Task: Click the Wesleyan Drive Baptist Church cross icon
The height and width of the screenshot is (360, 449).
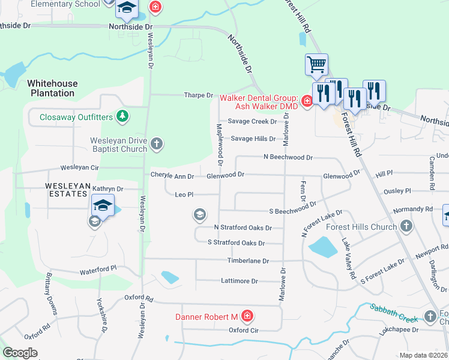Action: (x=157, y=143)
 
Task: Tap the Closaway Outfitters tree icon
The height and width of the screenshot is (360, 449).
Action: (x=122, y=115)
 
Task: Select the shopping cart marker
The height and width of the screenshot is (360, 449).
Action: (x=316, y=64)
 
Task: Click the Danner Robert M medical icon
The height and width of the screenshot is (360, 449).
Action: (x=247, y=316)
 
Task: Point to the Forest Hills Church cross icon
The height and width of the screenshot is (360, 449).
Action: (x=406, y=227)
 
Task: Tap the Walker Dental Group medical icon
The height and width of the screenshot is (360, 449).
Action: (x=307, y=101)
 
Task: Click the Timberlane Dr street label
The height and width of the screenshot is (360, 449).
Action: (x=248, y=261)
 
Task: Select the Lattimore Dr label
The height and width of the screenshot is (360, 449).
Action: (x=240, y=281)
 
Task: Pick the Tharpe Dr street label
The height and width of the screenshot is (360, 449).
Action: (x=199, y=95)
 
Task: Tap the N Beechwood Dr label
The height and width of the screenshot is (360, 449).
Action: (x=288, y=157)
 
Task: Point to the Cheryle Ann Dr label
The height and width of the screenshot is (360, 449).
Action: (x=172, y=176)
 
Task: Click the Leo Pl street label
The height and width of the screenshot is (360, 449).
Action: (x=184, y=195)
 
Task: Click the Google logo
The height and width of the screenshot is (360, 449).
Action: (x=20, y=353)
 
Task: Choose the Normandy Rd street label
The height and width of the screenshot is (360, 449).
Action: (x=412, y=210)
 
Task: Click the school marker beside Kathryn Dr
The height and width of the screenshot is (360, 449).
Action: (x=103, y=206)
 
